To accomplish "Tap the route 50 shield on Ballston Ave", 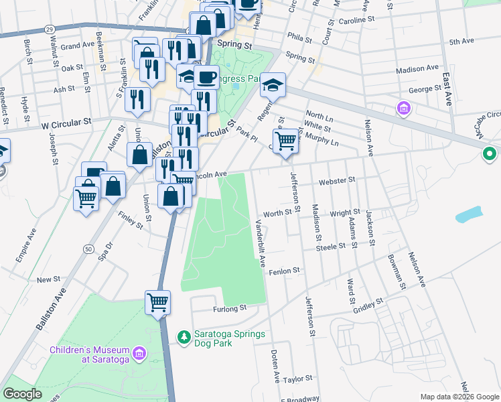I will (88, 249).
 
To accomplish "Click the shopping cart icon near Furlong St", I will (157, 302).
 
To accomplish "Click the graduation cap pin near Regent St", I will (273, 85).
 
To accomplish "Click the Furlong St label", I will (230, 308).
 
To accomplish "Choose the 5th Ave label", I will (461, 42).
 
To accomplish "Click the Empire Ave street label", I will (26, 246).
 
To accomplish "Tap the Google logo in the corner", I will (22, 393).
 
